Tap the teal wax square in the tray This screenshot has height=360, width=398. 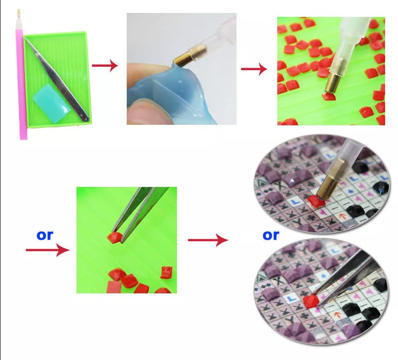(51, 104)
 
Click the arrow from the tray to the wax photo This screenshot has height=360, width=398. (105, 66)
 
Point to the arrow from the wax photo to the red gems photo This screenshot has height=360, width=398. (254, 69)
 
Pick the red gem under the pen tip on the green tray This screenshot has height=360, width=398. (329, 96)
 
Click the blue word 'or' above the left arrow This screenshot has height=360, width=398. (45, 235)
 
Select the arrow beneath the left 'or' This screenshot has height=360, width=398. (48, 250)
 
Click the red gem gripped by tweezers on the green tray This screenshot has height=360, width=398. (114, 237)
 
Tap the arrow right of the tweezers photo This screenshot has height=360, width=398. (208, 240)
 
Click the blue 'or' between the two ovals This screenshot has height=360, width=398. (271, 235)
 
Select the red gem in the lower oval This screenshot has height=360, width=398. (311, 301)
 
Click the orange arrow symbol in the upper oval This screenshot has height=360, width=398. (342, 216)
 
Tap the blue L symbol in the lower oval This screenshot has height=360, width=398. (292, 298)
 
